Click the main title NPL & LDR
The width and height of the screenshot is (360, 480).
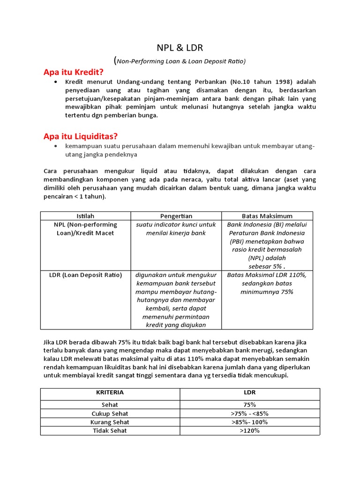[x=180, y=48]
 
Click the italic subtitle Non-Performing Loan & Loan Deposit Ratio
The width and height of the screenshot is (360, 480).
[x=180, y=61]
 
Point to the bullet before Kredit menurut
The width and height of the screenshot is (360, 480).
[x=56, y=82]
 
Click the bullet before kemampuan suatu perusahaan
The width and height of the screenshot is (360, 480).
[x=56, y=146]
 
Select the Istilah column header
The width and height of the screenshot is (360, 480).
[x=85, y=216]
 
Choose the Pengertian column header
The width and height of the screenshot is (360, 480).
[x=176, y=216]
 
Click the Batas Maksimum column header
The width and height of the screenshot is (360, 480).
[x=267, y=216]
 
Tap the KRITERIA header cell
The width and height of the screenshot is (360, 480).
[x=110, y=392]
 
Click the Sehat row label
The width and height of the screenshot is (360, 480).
[x=110, y=405]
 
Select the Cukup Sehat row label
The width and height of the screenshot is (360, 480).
[x=110, y=413]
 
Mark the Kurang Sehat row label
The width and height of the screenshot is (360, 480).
[x=110, y=422]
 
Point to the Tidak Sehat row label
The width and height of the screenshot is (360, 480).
[x=110, y=431]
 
